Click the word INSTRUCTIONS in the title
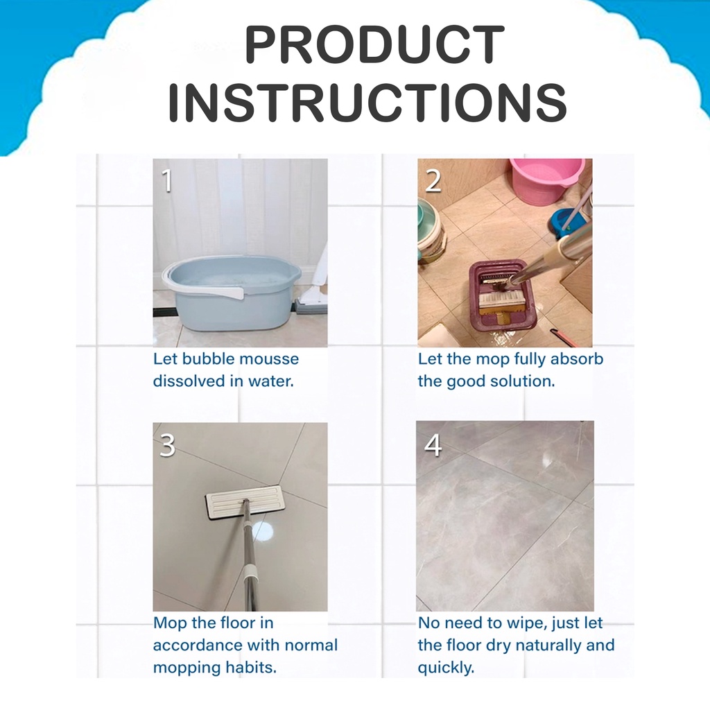coord(367,102)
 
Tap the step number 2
coord(433,180)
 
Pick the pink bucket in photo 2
coord(545,180)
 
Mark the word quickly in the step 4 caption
coord(446,668)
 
